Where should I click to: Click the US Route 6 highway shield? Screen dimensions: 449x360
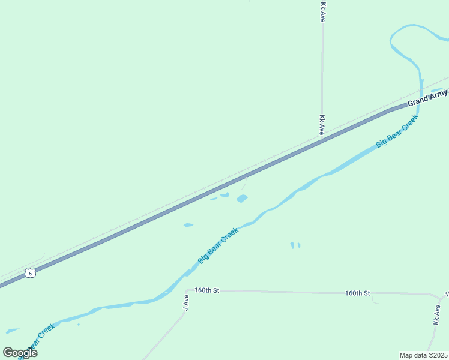click(31, 273)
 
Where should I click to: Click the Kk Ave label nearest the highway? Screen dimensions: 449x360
click(322, 125)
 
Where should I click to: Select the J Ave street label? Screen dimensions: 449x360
click(186, 301)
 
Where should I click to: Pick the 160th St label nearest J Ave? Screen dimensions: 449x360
click(207, 290)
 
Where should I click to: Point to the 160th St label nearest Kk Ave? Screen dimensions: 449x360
click(358, 293)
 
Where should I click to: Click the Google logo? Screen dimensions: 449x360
click(20, 353)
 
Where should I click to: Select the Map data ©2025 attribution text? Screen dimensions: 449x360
click(424, 355)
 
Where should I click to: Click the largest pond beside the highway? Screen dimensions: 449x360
click(242, 199)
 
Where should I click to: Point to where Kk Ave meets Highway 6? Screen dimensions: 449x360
click(322, 140)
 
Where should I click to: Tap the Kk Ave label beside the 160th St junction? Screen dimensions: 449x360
click(436, 315)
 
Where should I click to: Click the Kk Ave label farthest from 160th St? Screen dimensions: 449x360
click(322, 13)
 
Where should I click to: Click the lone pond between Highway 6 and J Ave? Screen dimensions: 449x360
click(188, 225)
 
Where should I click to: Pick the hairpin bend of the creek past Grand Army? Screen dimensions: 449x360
click(393, 40)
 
